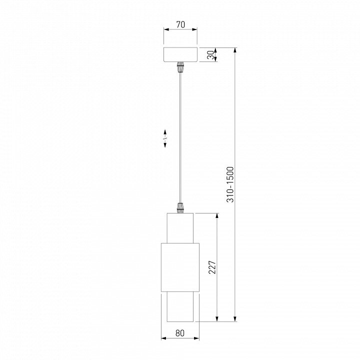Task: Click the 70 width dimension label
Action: click(180, 24)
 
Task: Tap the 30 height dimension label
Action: click(210, 55)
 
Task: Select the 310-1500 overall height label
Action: click(230, 184)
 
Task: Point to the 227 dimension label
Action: click(212, 267)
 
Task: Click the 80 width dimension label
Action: click(180, 333)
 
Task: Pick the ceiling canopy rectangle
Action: click(180, 54)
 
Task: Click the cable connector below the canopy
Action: click(180, 67)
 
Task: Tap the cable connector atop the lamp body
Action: click(180, 208)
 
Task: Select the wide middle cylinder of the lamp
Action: click(180, 267)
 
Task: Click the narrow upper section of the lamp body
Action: click(180, 228)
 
